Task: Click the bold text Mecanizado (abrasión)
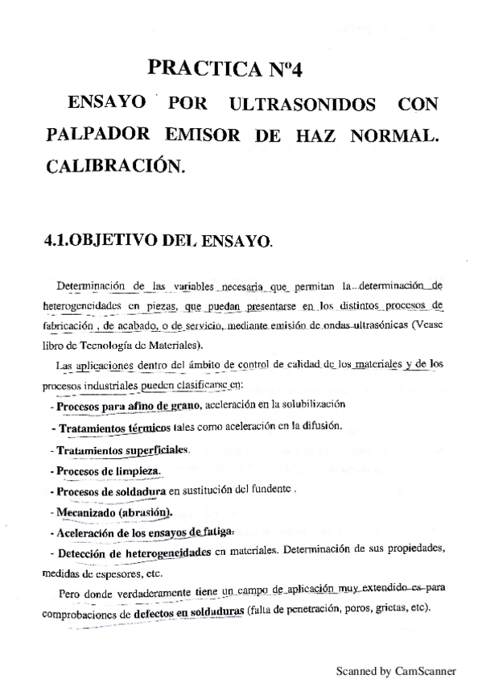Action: pos(112,511)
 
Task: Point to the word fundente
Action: pos(269,490)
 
